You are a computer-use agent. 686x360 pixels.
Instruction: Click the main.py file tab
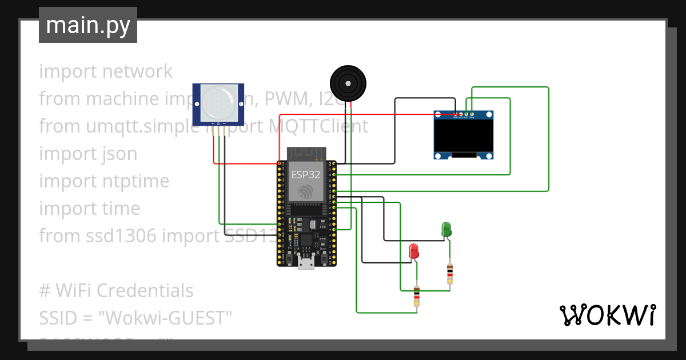pos(87,25)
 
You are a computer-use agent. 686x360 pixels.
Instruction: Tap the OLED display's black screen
pos(464,135)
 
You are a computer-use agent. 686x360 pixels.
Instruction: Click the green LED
pos(446,230)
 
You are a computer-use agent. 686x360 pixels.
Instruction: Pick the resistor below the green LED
pos(450,274)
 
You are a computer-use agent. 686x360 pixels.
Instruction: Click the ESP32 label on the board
pos(306,174)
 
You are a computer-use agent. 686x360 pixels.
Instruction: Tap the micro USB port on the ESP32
pos(306,263)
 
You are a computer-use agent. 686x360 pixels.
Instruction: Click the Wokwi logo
pos(607,315)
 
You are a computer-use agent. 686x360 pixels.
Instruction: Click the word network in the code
pos(137,71)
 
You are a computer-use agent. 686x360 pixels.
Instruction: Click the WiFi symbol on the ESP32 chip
pos(306,190)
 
